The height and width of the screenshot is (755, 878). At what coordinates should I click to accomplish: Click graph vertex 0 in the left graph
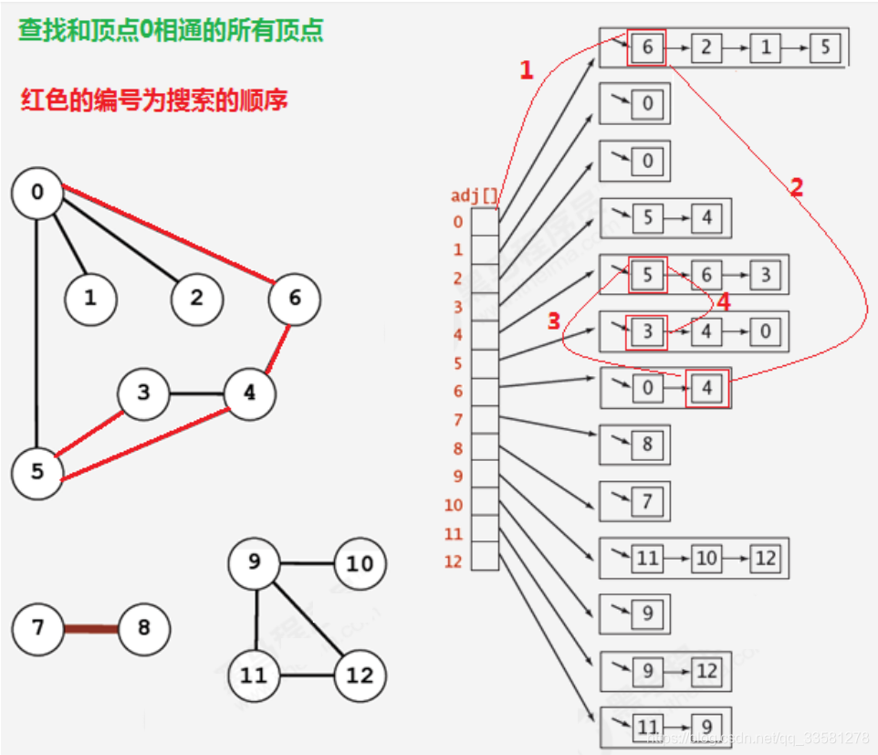(37, 193)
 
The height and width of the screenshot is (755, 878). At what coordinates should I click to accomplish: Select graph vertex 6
(294, 298)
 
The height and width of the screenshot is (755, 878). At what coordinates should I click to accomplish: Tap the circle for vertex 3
(143, 394)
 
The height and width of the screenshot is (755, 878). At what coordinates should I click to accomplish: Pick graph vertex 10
(361, 564)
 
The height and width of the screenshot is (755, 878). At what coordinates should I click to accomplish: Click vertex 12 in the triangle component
(361, 676)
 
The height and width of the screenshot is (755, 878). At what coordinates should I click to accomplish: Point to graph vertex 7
(37, 628)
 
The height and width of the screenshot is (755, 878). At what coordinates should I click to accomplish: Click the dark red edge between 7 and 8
(90, 628)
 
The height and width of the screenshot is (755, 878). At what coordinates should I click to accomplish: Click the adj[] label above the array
(475, 195)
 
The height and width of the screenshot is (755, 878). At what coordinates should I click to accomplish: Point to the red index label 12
(454, 561)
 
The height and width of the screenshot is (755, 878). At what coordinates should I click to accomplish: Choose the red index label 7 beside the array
(457, 420)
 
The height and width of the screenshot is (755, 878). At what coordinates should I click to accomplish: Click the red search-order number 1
(526, 70)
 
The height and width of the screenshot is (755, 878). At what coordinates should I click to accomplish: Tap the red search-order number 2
(796, 188)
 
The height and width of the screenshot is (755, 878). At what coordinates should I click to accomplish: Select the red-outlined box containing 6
(647, 47)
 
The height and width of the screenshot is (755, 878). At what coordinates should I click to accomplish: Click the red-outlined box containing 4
(707, 389)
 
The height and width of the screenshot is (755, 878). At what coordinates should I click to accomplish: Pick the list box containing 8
(647, 445)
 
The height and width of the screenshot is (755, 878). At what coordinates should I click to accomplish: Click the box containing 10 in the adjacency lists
(706, 557)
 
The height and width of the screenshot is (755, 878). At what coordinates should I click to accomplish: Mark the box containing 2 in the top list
(706, 47)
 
